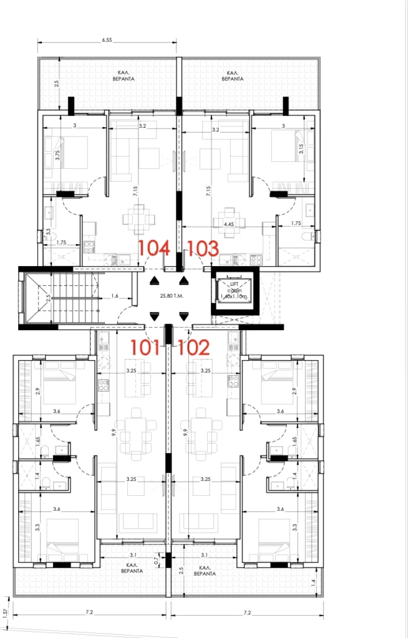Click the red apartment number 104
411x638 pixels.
click(154, 249)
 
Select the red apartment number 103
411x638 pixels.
click(203, 249)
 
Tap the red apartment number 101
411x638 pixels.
click(146, 347)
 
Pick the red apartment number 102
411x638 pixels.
click(194, 347)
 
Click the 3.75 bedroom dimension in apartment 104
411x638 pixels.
click(58, 155)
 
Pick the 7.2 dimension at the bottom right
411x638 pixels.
click(248, 612)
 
